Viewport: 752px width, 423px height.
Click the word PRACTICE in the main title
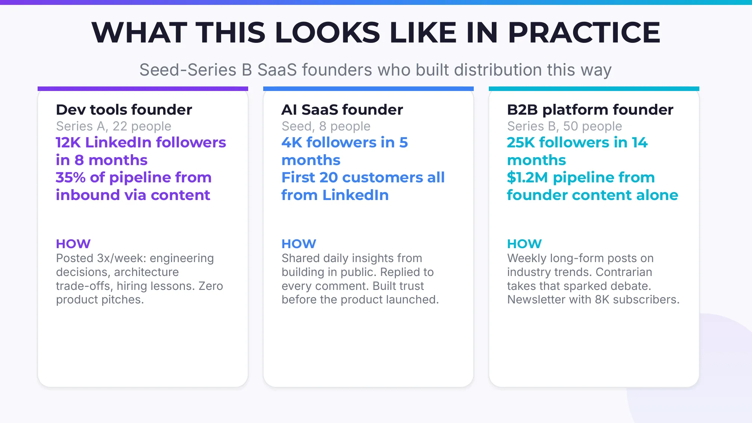pos(584,33)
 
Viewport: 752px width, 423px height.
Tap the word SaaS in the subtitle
pos(277,70)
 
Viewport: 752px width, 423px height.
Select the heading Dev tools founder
pos(124,110)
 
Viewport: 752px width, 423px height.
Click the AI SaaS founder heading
pos(342,110)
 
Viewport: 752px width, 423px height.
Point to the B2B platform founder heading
pos(590,110)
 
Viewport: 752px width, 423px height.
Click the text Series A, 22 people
pos(114,126)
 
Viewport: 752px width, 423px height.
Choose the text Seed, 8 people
pos(326,126)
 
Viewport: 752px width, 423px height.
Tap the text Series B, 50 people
pos(564,126)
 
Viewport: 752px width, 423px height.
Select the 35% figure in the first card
pos(70,177)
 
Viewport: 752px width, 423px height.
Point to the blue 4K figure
pos(291,143)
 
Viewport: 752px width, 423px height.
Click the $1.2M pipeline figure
pos(527,177)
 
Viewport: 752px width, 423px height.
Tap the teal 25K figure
pos(520,143)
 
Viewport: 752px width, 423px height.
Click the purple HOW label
pos(73,244)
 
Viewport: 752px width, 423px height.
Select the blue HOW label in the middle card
pos(299,244)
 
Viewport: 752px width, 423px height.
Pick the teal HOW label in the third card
pos(525,244)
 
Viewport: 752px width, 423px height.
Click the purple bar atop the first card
pos(143,89)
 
